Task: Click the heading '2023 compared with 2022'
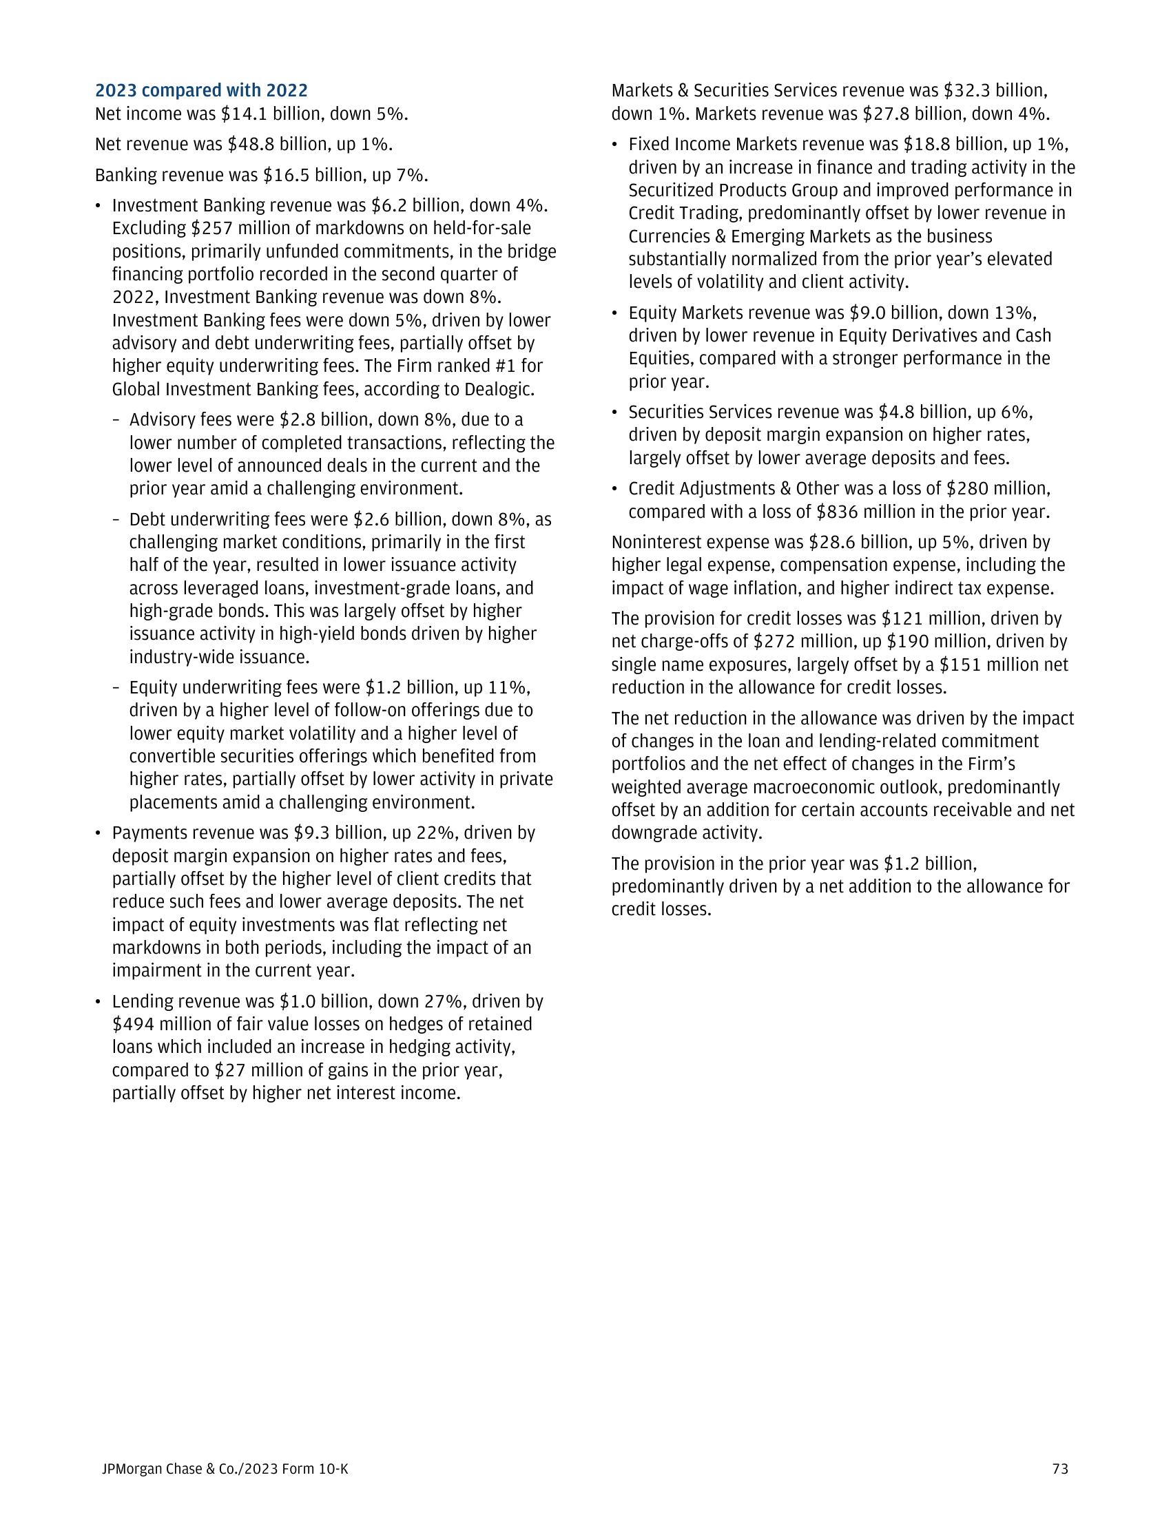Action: coord(201,91)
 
